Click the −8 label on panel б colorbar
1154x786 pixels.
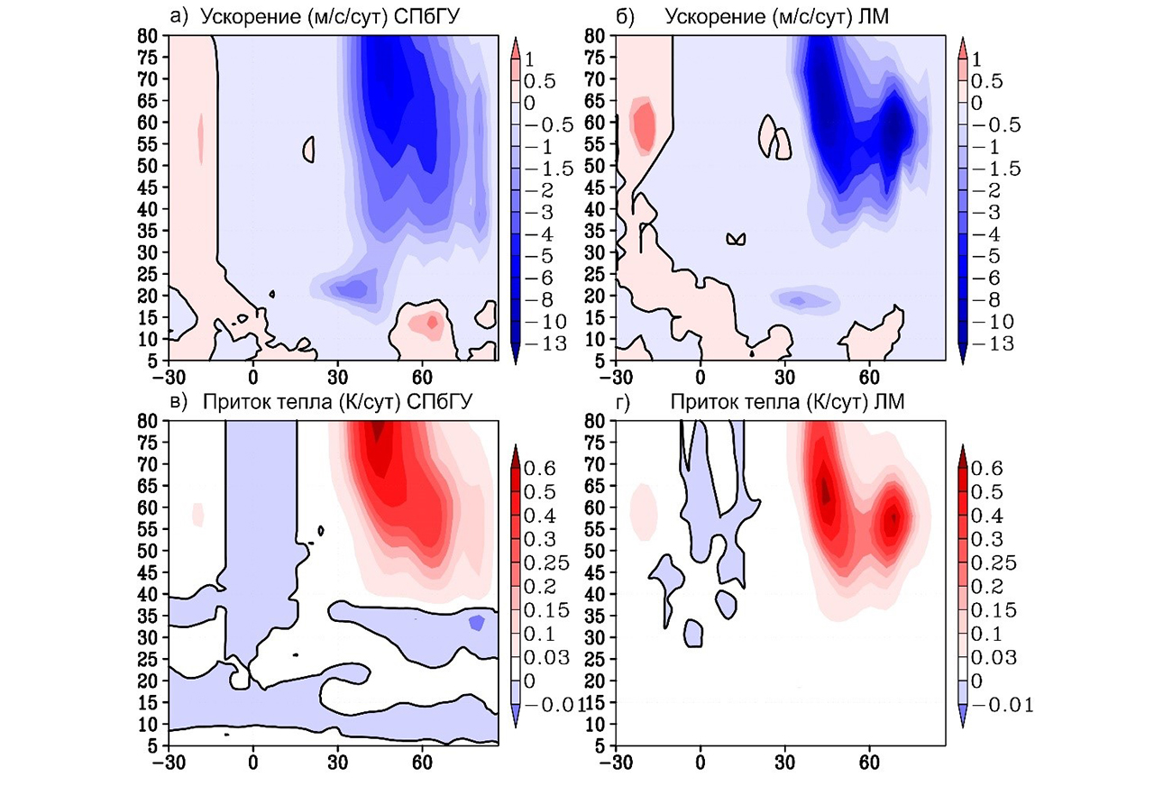(986, 300)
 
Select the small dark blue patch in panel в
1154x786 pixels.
(477, 622)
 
